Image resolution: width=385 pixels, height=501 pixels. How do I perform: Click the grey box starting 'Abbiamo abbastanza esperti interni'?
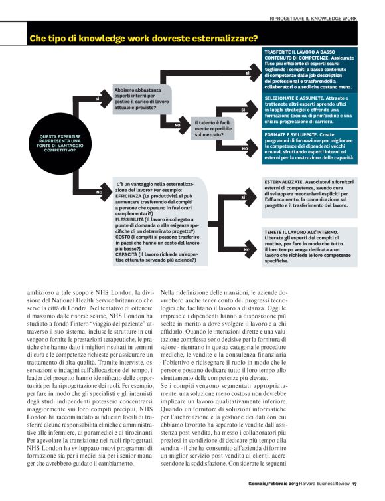[141, 98]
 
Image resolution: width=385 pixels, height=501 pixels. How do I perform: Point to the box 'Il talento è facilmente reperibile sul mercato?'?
[213, 128]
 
